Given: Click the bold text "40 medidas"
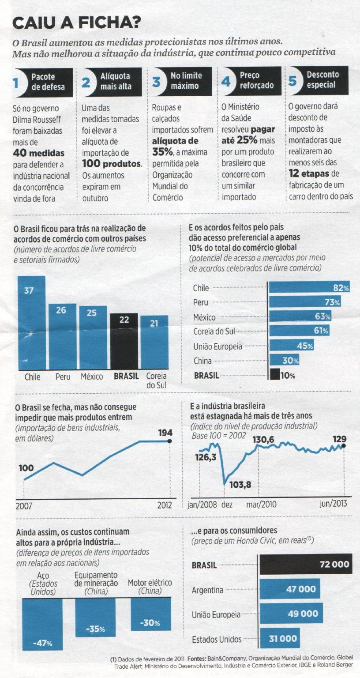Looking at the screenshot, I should point(39,154).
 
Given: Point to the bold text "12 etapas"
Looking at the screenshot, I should point(309,173).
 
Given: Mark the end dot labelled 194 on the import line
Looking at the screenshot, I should point(170,441).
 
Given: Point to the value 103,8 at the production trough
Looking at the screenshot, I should point(240,485).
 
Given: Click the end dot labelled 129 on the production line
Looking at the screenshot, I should point(344,445).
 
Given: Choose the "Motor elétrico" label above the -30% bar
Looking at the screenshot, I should point(150,583).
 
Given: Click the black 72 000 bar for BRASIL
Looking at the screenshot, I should point(306,564).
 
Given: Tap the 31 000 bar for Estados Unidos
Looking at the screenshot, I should point(283,638).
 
